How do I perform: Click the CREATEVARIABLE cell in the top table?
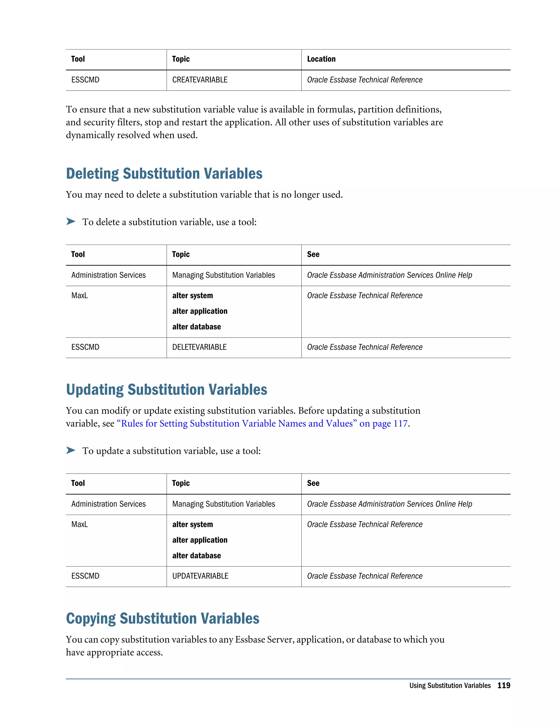tap(200, 80)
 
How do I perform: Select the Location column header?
tap(321, 59)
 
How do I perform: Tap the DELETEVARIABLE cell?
tap(199, 347)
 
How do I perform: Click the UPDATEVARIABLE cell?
tap(200, 576)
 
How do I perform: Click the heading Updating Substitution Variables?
tap(166, 390)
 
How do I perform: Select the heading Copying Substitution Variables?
tap(163, 619)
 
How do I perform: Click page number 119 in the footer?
tap(504, 686)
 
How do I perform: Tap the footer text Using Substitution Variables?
tap(450, 686)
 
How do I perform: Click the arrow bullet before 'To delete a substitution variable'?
tap(71, 221)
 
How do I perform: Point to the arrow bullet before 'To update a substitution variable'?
tap(71, 451)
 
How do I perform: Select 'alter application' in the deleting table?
tap(200, 311)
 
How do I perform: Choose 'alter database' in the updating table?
tap(196, 556)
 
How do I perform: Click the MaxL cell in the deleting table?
tap(80, 295)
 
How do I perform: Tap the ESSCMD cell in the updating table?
tap(85, 576)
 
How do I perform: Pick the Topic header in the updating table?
tap(181, 483)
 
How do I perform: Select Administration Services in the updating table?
tap(109, 504)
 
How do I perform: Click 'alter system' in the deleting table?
tap(192, 296)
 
